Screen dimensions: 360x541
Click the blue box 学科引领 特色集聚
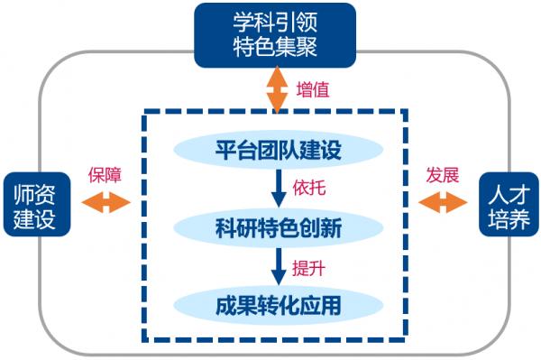tap(274, 35)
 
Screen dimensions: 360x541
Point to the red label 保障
tap(105, 174)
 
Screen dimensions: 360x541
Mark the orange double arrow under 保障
tap(105, 205)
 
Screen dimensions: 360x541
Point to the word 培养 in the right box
tap(507, 219)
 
